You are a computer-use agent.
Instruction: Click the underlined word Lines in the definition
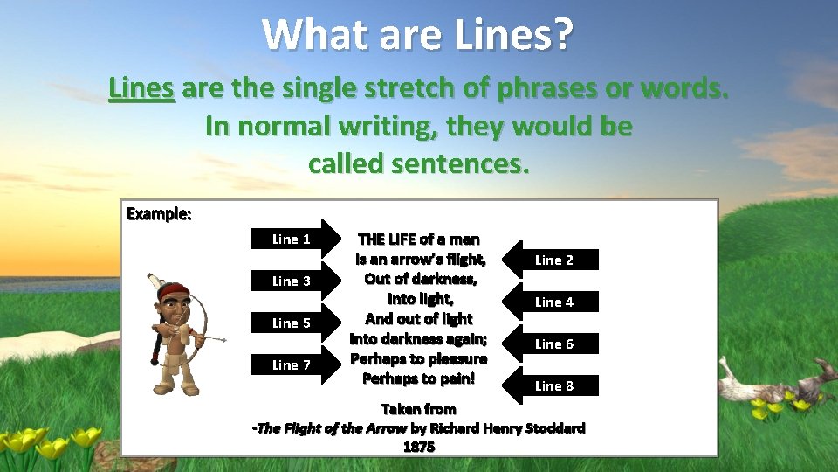pyautogui.click(x=141, y=88)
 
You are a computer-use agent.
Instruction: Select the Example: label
pyautogui.click(x=159, y=213)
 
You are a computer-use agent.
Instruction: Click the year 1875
pyautogui.click(x=419, y=446)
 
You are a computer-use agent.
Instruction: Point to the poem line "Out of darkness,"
pyautogui.click(x=420, y=279)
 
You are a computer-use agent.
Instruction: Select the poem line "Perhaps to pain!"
pyautogui.click(x=418, y=378)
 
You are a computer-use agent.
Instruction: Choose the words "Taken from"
pyautogui.click(x=419, y=408)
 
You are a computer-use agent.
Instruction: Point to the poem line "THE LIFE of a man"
pyautogui.click(x=418, y=239)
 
